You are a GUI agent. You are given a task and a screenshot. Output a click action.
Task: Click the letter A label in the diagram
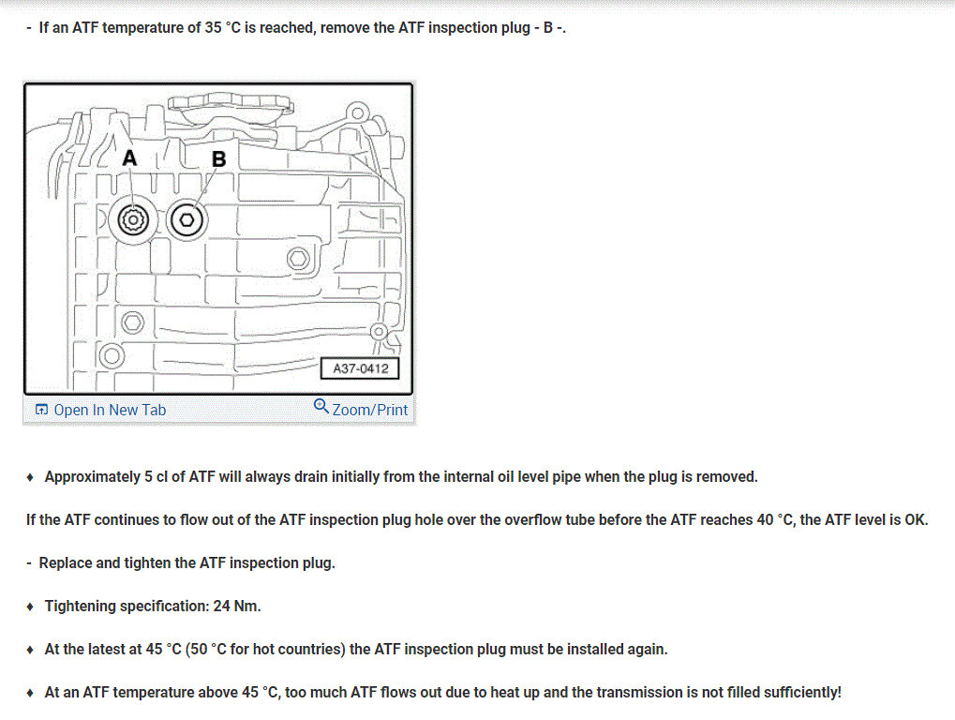pos(129,158)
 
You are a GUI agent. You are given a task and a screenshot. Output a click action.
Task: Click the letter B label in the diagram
pos(218,159)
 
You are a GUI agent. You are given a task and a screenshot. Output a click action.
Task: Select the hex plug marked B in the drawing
pos(188,220)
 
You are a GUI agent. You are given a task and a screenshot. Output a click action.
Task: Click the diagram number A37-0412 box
pos(360,368)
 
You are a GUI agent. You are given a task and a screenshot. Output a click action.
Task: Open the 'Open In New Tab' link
pos(110,410)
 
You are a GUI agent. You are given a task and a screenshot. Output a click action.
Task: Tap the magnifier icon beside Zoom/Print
pos(321,407)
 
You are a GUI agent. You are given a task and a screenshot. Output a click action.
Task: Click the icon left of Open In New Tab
pos(41,410)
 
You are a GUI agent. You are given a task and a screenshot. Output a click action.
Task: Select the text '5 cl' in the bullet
pos(155,476)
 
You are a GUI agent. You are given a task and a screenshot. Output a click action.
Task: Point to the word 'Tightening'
pos(82,606)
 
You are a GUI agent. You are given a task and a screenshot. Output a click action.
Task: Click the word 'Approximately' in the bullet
pos(92,476)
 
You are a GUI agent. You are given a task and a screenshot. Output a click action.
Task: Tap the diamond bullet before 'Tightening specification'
pos(31,607)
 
